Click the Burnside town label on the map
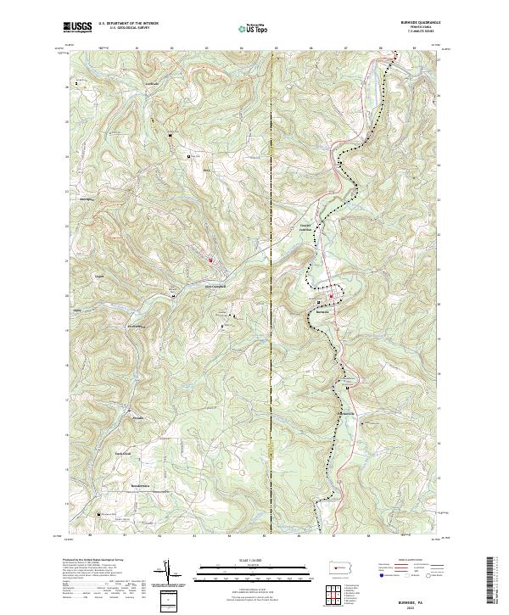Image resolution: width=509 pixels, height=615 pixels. (x=322, y=311)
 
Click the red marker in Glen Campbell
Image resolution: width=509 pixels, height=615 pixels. (x=210, y=260)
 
